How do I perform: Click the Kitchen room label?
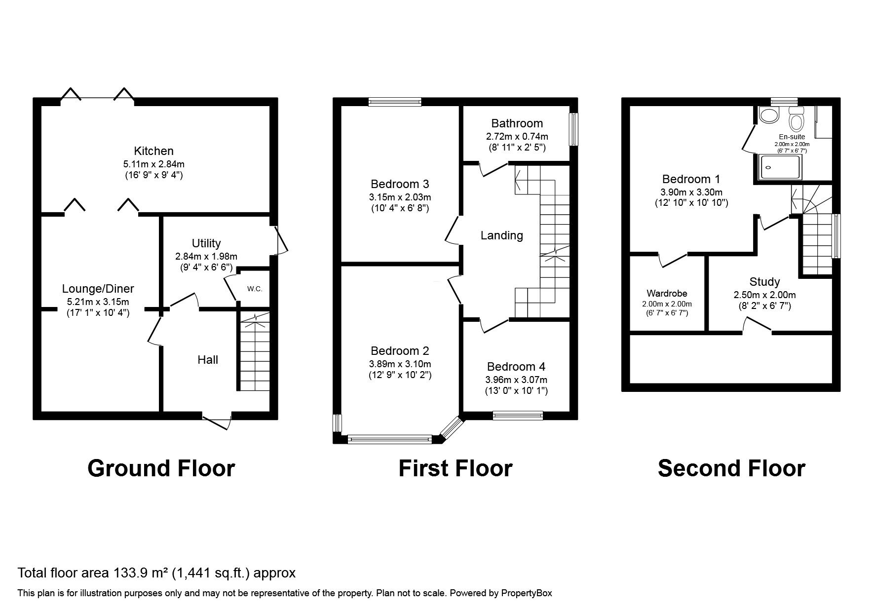[153, 151]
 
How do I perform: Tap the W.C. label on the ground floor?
[255, 289]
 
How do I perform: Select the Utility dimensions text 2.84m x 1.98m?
[206, 257]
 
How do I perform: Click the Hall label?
[208, 360]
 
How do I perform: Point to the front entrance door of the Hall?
[218, 421]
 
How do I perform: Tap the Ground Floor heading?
[161, 468]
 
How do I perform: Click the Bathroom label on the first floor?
[517, 123]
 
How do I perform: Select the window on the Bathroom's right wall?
[573, 130]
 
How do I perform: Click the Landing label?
[501, 235]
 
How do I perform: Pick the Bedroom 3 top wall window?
[395, 102]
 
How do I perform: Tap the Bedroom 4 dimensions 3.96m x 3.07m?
[516, 380]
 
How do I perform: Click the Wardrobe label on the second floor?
[667, 294]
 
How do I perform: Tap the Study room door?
[758, 325]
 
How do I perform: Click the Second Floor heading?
[731, 468]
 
